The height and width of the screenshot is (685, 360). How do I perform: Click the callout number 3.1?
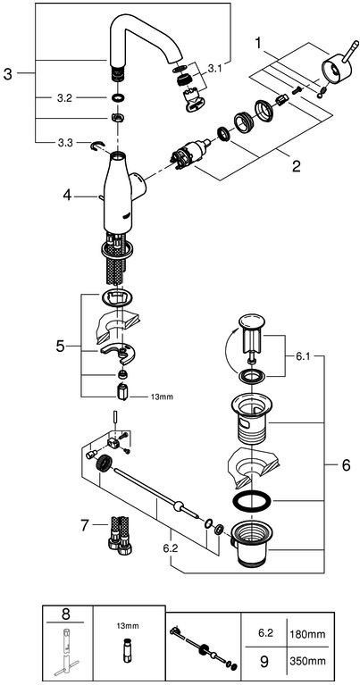215,69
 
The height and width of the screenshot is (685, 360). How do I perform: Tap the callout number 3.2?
64,98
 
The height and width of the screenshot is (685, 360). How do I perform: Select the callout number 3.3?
64,142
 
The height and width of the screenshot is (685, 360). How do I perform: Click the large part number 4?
67,196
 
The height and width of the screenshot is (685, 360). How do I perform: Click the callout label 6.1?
303,355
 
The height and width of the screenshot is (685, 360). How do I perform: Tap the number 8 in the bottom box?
65,614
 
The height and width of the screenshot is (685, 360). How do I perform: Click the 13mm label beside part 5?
161,397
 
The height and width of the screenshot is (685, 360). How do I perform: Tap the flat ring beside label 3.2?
118,97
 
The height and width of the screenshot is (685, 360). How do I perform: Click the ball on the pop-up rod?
178,506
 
